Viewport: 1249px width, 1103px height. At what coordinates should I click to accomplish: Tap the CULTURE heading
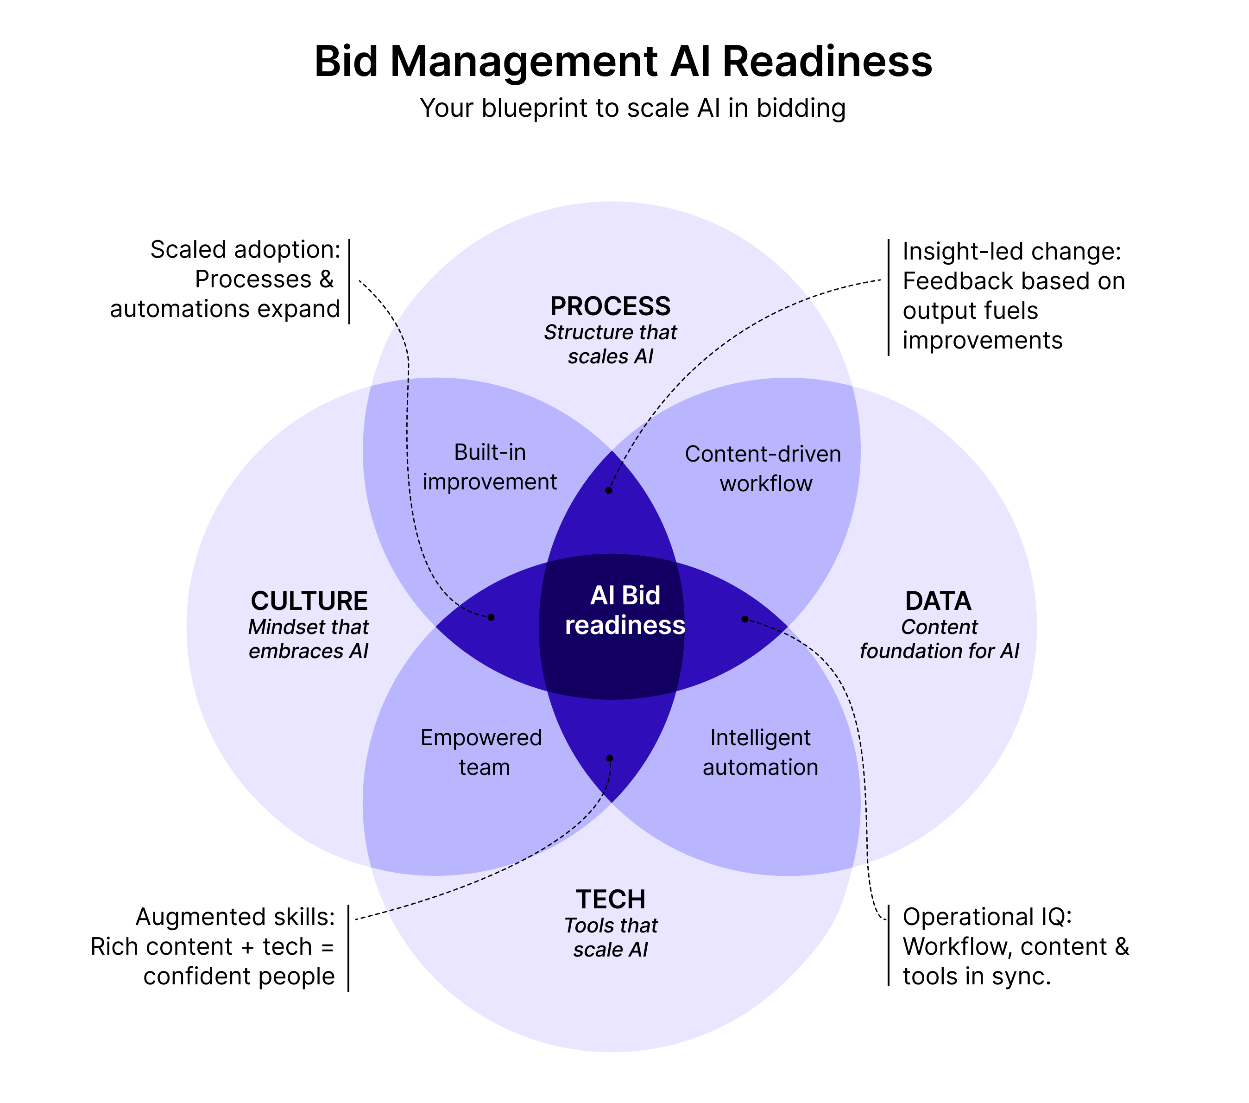[x=309, y=601]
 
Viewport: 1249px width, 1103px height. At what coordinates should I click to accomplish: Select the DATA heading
[x=938, y=601]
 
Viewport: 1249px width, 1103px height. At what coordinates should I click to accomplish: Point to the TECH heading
[x=611, y=900]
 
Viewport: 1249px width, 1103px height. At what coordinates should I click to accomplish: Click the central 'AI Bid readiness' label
[x=624, y=610]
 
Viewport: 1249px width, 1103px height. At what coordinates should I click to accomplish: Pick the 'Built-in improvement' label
[x=490, y=467]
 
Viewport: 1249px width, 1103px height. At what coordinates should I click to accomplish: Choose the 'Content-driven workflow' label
[x=763, y=469]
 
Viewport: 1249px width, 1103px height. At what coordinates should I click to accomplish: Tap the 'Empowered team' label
[x=481, y=752]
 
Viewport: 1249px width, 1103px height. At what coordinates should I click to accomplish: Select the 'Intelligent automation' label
[x=760, y=752]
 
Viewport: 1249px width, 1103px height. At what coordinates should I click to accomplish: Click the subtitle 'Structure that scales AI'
[x=611, y=344]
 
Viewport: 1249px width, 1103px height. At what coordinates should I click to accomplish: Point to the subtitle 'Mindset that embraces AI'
[x=309, y=639]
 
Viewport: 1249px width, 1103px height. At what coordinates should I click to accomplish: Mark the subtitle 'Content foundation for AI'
[x=939, y=639]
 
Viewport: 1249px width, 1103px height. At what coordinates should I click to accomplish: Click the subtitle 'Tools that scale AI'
[x=611, y=937]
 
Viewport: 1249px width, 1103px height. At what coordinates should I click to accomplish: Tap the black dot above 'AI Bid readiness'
[x=609, y=490]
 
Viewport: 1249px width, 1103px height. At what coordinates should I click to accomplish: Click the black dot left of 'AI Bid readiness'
[x=491, y=617]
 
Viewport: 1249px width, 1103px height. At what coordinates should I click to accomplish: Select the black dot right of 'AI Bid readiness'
[x=744, y=619]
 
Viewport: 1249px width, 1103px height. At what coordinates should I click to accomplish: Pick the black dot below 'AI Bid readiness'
[x=609, y=758]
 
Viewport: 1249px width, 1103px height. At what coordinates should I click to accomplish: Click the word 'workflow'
[x=766, y=484]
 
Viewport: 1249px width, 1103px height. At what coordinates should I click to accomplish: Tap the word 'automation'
[x=760, y=767]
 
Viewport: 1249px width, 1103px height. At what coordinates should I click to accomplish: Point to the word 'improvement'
[x=490, y=482]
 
